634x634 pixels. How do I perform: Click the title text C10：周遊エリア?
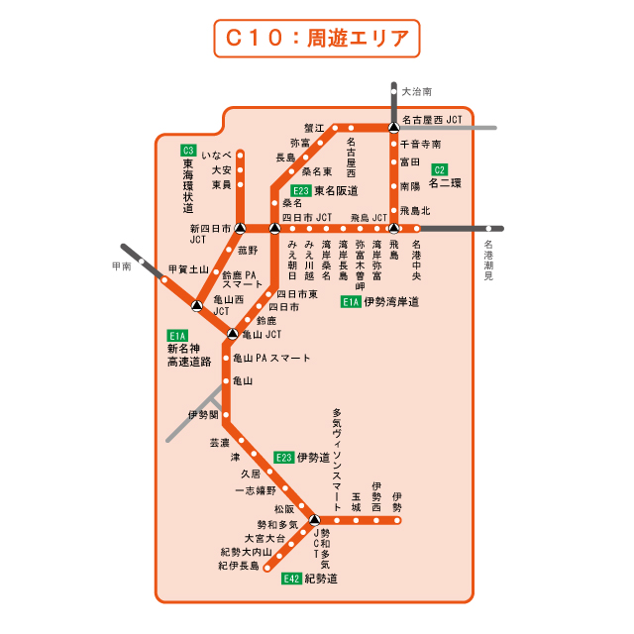click(x=317, y=39)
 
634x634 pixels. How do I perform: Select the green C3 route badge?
click(x=188, y=151)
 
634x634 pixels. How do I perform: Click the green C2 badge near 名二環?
click(x=440, y=168)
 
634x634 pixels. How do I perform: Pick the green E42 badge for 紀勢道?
click(x=291, y=579)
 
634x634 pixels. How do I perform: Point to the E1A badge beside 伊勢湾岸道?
click(x=352, y=302)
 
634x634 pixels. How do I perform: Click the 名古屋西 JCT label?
click(x=433, y=119)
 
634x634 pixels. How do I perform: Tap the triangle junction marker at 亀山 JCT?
click(x=233, y=334)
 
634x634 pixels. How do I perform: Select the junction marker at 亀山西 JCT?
click(x=196, y=305)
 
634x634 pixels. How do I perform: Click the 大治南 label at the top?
click(x=417, y=91)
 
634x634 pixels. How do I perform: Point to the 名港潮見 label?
click(x=487, y=260)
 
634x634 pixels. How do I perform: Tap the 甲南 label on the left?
click(x=121, y=266)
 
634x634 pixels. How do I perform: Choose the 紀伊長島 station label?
click(x=239, y=566)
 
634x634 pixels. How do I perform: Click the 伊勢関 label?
click(x=203, y=415)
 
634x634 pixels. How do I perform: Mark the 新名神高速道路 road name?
click(x=189, y=355)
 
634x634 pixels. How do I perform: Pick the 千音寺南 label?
click(x=421, y=144)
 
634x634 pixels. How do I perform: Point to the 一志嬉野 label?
click(x=256, y=490)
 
